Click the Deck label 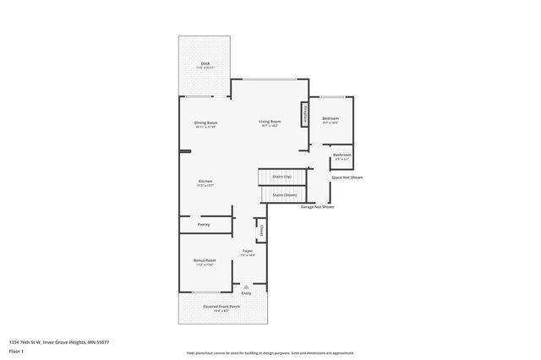(205, 64)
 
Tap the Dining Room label (205, 124)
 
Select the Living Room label (270, 123)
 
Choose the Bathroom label (342, 156)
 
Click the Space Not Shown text (347, 177)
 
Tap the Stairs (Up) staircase (282, 177)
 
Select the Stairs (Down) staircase (284, 195)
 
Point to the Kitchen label (205, 183)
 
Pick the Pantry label (204, 225)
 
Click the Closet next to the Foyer (261, 231)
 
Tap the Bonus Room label (205, 262)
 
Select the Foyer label (248, 253)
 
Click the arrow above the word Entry (246, 286)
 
